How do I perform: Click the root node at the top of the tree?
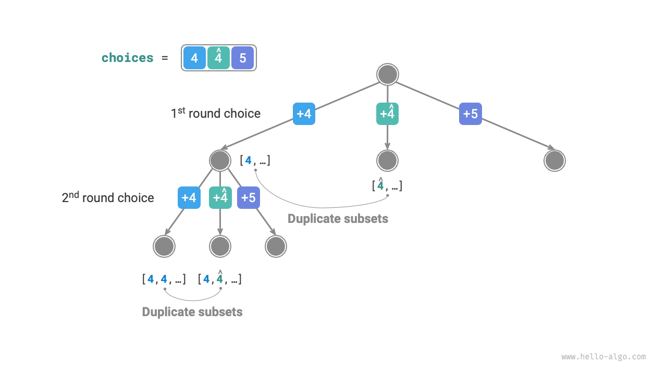pyautogui.click(x=387, y=74)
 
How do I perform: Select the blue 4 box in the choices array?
pyautogui.click(x=194, y=58)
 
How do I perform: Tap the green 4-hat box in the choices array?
pyautogui.click(x=218, y=58)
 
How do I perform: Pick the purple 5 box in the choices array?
pyautogui.click(x=243, y=58)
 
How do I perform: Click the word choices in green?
pyautogui.click(x=128, y=58)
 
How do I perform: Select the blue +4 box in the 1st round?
pyautogui.click(x=304, y=114)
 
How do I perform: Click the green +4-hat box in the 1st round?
pyautogui.click(x=387, y=114)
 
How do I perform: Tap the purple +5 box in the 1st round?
pyautogui.click(x=471, y=114)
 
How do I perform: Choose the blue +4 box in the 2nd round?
pyautogui.click(x=189, y=198)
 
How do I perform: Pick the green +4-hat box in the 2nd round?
pyautogui.click(x=220, y=198)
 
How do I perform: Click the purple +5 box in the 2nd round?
pyautogui.click(x=249, y=198)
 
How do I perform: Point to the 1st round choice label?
pyautogui.click(x=215, y=114)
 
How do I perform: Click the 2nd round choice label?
pyautogui.click(x=108, y=198)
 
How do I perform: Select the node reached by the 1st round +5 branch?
pyautogui.click(x=554, y=160)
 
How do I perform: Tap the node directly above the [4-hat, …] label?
pyautogui.click(x=387, y=160)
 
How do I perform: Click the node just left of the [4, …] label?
pyautogui.click(x=220, y=160)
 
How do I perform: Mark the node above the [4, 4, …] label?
pyautogui.click(x=164, y=246)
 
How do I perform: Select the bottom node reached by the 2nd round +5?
pyautogui.click(x=276, y=246)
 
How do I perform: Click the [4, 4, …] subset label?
pyautogui.click(x=164, y=279)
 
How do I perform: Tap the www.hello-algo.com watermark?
pyautogui.click(x=603, y=357)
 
